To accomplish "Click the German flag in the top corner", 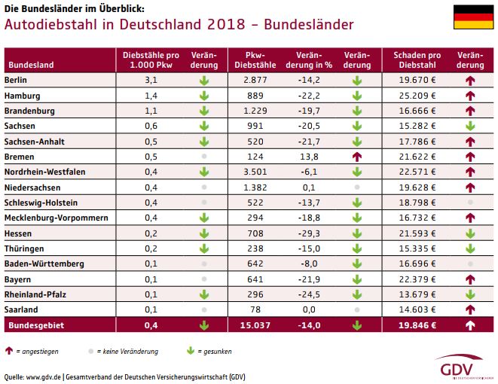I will (x=473, y=17).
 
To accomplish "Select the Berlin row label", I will (x=17, y=80).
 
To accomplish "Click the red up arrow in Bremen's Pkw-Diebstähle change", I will (x=357, y=157).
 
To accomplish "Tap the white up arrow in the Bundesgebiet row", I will (x=470, y=325).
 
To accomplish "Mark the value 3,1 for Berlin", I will (x=150, y=80).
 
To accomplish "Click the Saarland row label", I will (x=21, y=309).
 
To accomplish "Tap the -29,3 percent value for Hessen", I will (x=309, y=233).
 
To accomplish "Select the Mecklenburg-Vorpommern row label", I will (x=56, y=218).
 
